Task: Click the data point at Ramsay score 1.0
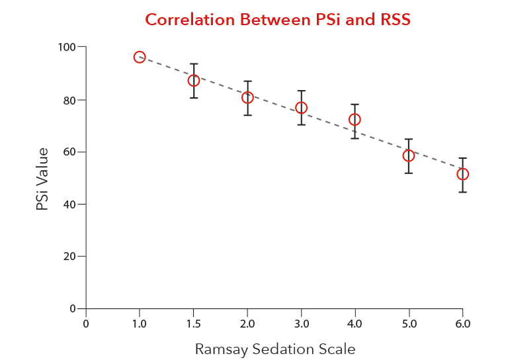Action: pos(140,57)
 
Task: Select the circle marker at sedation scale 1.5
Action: pos(194,81)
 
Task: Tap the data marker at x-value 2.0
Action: pos(247,97)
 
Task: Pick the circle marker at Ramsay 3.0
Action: pos(301,108)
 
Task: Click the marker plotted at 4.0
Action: pos(355,120)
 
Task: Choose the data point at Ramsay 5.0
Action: pos(408,156)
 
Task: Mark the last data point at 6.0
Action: pos(462,174)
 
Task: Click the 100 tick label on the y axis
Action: pos(66,48)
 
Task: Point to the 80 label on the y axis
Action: pos(69,100)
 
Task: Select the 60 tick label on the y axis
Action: pos(69,152)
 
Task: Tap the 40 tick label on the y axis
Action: pos(69,205)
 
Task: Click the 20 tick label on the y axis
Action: pos(69,257)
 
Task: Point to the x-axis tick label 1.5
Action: pos(194,324)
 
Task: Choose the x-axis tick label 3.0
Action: pos(301,324)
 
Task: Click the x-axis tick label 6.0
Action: pos(462,324)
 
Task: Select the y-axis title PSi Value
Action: pos(42,179)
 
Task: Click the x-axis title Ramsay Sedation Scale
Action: pos(274,349)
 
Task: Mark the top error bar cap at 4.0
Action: pos(355,105)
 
